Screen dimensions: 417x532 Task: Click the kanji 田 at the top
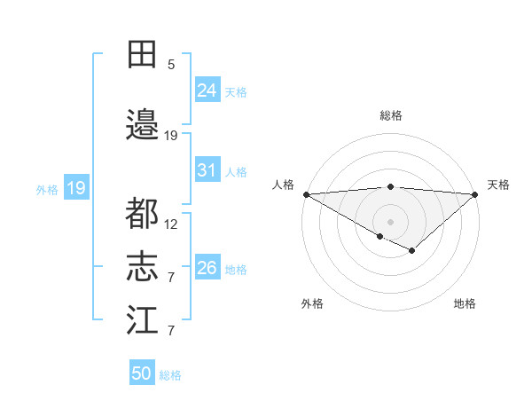pos(142,54)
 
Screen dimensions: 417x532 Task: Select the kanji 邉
pos(142,125)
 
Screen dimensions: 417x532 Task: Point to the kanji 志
pos(142,267)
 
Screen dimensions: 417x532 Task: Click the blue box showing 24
pos(207,90)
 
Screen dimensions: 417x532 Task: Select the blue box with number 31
pos(207,170)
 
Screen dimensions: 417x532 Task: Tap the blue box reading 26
pos(207,268)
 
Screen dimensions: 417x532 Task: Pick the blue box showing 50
pos(142,374)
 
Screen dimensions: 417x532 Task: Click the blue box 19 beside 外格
pos(75,188)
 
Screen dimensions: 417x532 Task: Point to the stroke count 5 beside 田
pos(171,64)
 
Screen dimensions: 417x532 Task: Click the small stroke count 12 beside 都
pos(171,224)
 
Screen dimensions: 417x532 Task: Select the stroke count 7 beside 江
pos(171,331)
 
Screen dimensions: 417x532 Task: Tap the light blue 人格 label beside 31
pos(235,171)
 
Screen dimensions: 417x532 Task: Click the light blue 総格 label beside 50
pos(170,374)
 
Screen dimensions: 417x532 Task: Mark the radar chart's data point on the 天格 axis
pos(475,193)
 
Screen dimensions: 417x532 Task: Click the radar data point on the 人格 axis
pos(305,193)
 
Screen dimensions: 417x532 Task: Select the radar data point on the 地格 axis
pos(411,251)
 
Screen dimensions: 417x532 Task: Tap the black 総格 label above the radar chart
pos(390,115)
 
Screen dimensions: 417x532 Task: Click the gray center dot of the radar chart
pos(390,221)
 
